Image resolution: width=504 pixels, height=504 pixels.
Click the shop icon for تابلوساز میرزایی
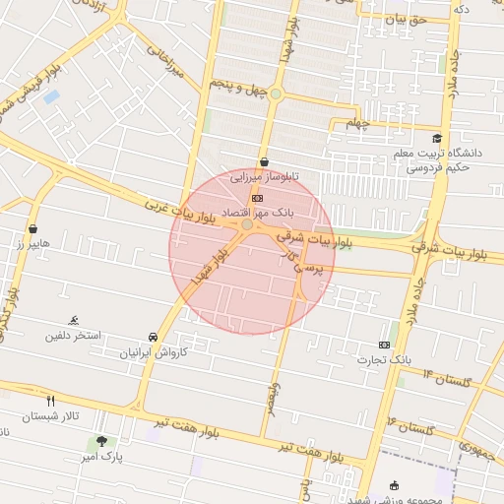click(264, 162)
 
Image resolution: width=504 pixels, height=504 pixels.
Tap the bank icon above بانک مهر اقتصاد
click(258, 198)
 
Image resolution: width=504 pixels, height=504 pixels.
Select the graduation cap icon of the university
click(436, 139)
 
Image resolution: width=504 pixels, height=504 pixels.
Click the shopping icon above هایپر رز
click(32, 228)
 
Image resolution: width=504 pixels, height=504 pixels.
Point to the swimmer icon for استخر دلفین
click(73, 321)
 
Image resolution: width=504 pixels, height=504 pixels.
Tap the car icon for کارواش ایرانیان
click(153, 336)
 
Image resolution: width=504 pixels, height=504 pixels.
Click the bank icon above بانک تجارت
click(384, 345)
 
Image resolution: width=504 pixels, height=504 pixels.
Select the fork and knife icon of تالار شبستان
click(51, 400)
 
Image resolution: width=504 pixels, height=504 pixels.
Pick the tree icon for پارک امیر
click(101, 441)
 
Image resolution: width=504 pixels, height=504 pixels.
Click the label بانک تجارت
click(384, 360)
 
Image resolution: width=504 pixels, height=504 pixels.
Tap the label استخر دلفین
click(72, 337)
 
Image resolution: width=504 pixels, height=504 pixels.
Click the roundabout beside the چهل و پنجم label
click(277, 94)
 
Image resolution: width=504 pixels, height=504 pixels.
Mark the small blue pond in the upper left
click(50, 96)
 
